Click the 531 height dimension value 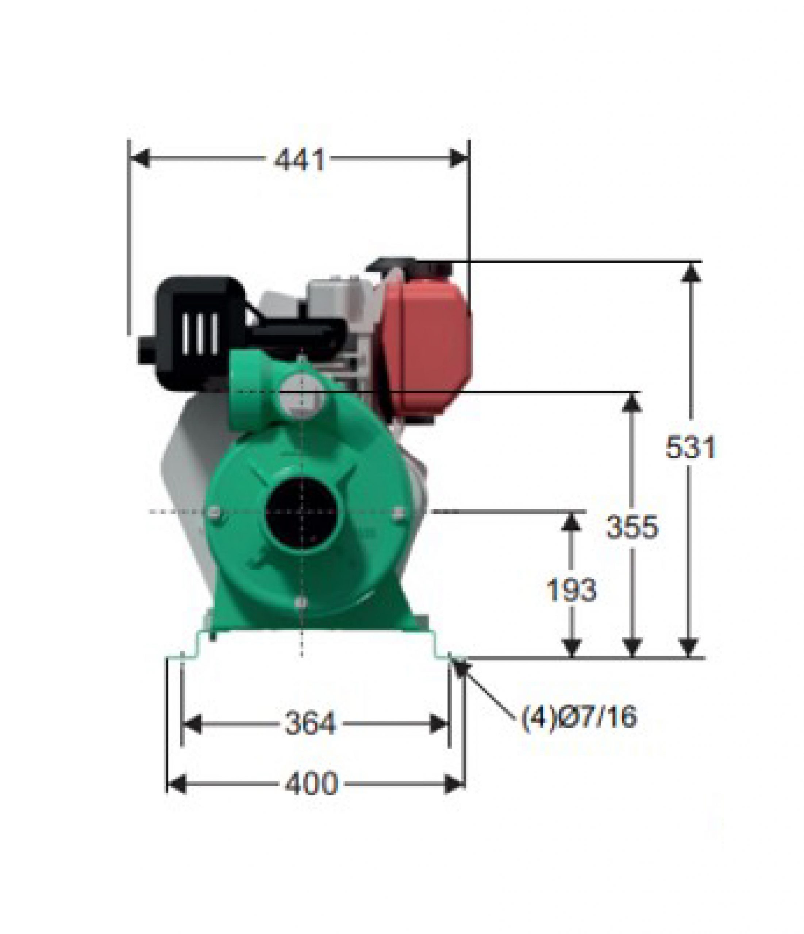coord(690,448)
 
